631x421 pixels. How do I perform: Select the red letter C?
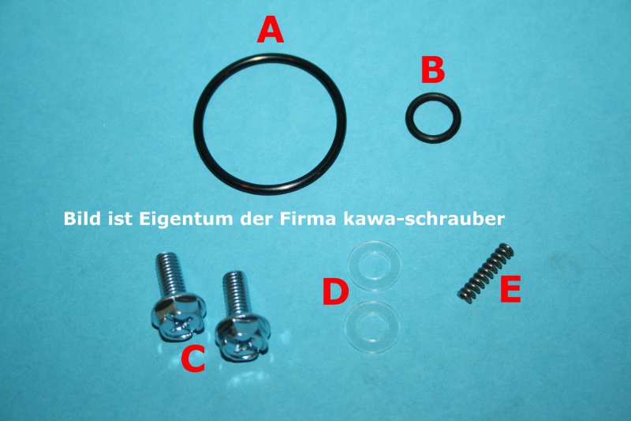click(x=193, y=359)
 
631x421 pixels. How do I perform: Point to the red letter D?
click(x=335, y=293)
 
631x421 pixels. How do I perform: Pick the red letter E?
click(x=510, y=291)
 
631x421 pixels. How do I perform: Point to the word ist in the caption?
click(x=117, y=216)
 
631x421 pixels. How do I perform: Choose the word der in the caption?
click(x=252, y=216)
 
